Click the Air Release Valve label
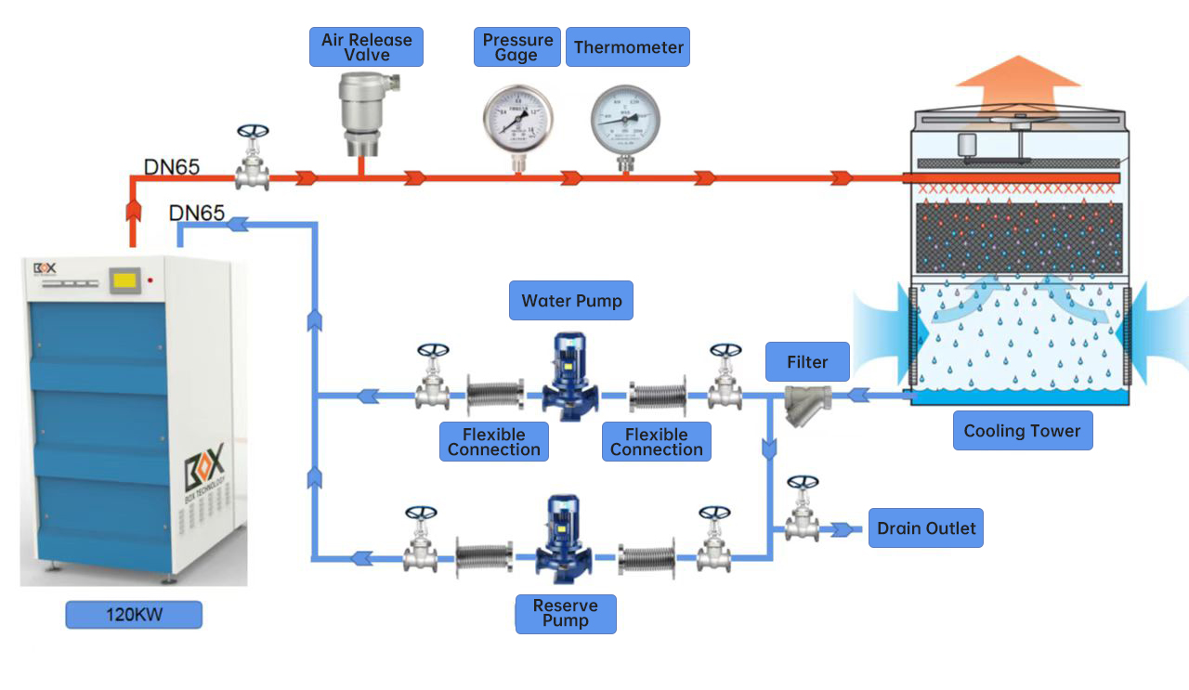pos(366,46)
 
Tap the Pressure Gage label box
pos(517,46)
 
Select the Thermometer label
pos(628,46)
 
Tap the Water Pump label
pos(571,301)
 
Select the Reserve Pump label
pos(566,614)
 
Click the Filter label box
pos(807,362)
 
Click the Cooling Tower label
pos(1022,431)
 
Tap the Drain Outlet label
pos(925,528)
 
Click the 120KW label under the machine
pos(134,615)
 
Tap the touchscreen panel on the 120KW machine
pos(124,279)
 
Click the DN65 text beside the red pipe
pos(171,167)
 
